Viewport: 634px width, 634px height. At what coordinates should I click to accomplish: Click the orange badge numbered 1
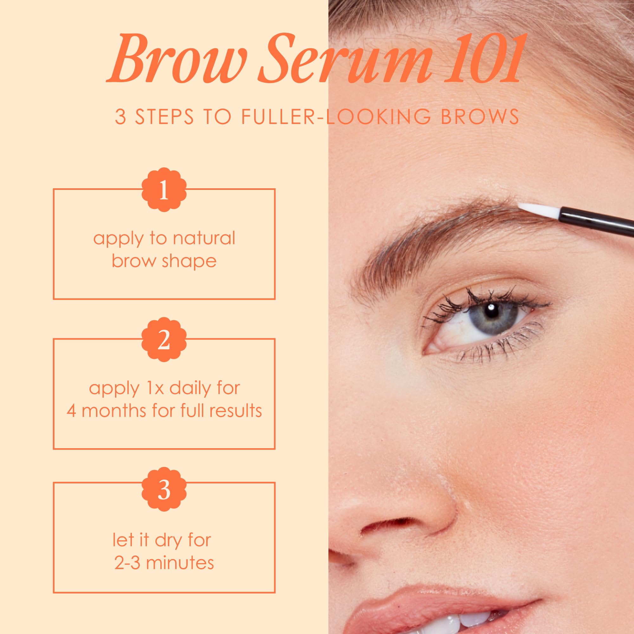tap(164, 189)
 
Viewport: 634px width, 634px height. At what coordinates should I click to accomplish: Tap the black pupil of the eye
tap(491, 311)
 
